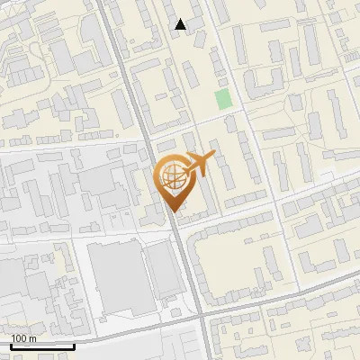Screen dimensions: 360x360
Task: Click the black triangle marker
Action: pyautogui.click(x=181, y=24)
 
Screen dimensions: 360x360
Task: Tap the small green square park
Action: pyautogui.click(x=223, y=99)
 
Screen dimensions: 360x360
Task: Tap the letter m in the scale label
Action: pyautogui.click(x=32, y=337)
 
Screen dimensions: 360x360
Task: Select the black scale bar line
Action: pyautogui.click(x=42, y=346)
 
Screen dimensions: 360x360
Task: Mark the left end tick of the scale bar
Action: pyautogui.click(x=11, y=344)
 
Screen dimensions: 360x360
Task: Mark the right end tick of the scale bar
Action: pyautogui.click(x=74, y=344)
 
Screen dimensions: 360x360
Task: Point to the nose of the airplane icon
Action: pyautogui.click(x=213, y=157)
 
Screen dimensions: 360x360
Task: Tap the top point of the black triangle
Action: pyautogui.click(x=181, y=19)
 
